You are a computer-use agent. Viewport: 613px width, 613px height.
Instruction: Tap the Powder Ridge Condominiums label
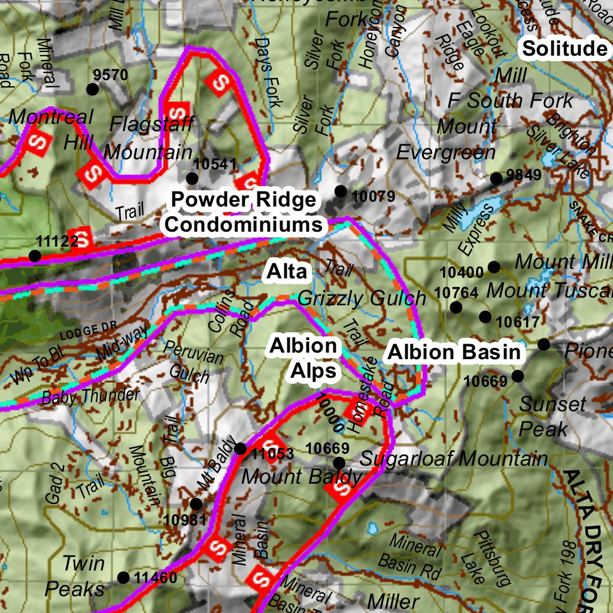point(244,212)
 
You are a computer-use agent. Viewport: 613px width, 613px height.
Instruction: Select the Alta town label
point(287,272)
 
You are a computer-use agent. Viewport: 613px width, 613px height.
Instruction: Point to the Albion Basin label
point(454,353)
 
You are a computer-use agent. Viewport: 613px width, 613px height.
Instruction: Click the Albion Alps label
point(304,358)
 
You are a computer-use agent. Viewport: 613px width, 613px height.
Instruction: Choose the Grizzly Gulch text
point(362,298)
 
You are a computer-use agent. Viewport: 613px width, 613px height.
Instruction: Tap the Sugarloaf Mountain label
point(453,459)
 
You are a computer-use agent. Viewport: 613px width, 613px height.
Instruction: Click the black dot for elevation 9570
point(92,89)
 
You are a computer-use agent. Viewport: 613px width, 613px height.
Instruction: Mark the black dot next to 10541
point(192,178)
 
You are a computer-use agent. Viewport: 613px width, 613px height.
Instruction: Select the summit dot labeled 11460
point(123,578)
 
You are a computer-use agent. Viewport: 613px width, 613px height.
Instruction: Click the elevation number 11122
point(57,242)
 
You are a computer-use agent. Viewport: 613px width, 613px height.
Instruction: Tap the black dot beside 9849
point(496,178)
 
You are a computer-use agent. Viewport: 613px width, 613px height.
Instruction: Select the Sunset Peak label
point(544,416)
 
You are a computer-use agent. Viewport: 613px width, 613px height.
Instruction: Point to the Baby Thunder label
point(90,396)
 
